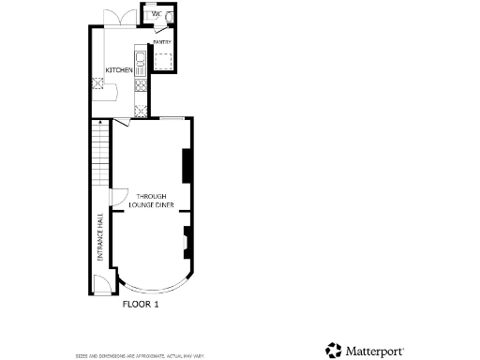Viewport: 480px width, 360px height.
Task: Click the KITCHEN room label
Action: coord(118,70)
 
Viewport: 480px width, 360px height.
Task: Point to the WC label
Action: coord(156,15)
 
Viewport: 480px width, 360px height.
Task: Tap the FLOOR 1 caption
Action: coord(142,304)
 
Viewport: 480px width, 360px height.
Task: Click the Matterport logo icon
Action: coord(334,350)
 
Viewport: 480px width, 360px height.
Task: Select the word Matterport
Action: coord(375,350)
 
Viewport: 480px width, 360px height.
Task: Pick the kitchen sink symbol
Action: coord(140,63)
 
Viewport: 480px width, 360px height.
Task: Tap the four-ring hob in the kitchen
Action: coord(141,85)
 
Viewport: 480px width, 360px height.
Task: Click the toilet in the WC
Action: coord(169,16)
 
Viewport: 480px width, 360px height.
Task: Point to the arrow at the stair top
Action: coord(97,122)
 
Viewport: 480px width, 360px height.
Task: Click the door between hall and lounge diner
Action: coord(118,197)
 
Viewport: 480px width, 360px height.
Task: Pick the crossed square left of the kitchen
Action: coord(97,82)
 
